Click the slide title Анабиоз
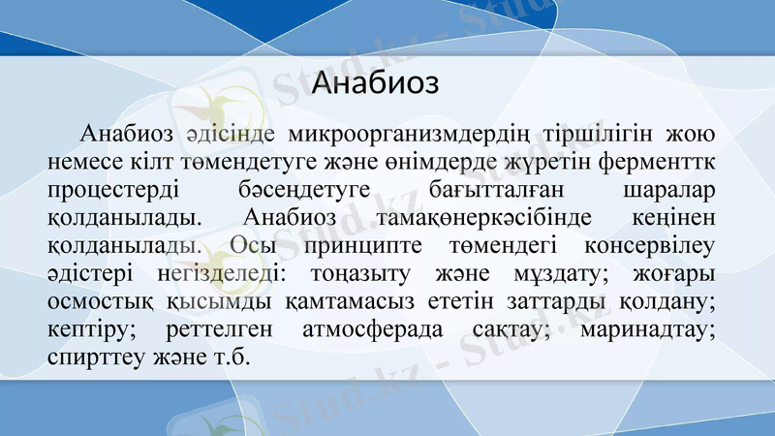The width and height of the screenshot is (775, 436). pyautogui.click(x=376, y=82)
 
